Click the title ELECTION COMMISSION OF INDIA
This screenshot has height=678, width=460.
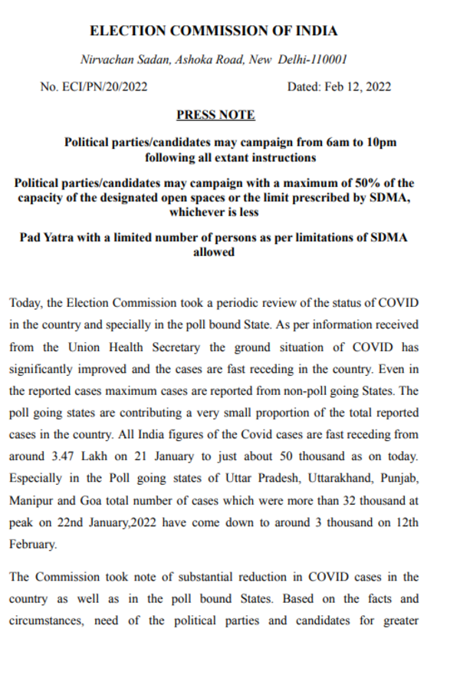(214, 31)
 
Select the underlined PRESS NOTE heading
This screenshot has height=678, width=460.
(215, 115)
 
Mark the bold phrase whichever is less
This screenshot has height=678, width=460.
(214, 212)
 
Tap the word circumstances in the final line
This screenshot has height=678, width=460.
(44, 620)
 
